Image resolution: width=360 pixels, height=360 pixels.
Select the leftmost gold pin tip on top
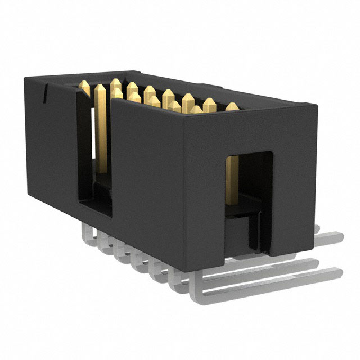click(x=86, y=86)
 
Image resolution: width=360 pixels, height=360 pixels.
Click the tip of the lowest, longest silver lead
click(x=337, y=274)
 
